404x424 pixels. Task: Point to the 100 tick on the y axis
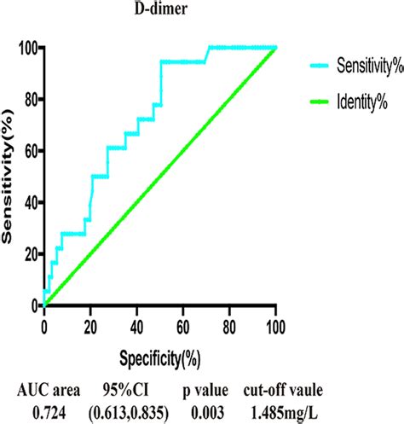[x=27, y=48]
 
